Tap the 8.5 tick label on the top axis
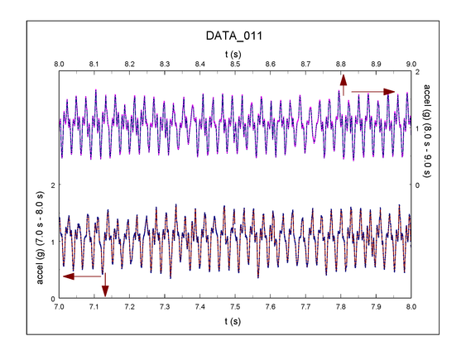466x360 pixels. (x=235, y=63)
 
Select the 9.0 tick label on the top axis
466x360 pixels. (x=411, y=63)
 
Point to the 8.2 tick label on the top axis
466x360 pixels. (x=130, y=63)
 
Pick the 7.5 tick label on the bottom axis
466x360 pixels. (x=235, y=306)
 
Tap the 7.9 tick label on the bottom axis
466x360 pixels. (x=376, y=306)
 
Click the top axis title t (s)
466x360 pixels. (x=234, y=52)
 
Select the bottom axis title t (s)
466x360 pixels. (x=234, y=319)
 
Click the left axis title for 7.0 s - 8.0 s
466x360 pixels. (x=41, y=241)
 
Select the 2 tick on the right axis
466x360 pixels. (x=419, y=72)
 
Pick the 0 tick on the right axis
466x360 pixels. (x=419, y=185)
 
